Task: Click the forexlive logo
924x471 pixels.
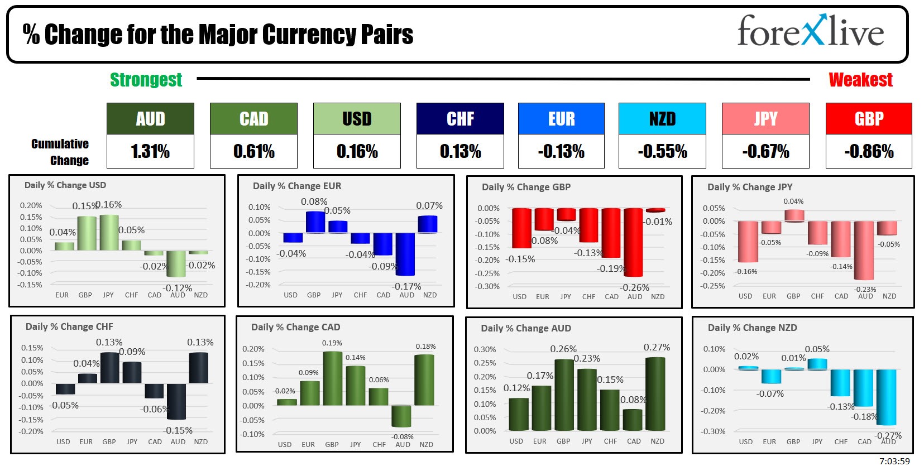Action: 810,32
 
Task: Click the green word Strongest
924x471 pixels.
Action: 146,80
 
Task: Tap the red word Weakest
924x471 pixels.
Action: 860,80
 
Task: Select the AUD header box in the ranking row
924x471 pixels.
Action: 150,119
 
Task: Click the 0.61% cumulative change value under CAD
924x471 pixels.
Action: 253,151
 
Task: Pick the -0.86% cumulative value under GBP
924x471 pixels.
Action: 869,151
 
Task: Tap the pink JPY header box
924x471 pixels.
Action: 765,119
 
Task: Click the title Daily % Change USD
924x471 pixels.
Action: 65,185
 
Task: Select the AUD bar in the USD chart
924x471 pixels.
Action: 176,263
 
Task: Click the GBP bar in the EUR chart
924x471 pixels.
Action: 315,222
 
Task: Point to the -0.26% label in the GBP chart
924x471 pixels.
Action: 635,287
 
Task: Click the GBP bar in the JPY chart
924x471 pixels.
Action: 794,215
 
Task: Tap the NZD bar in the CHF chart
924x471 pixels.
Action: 199,368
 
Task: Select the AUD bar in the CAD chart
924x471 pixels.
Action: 401,416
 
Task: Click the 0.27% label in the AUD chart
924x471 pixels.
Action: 657,347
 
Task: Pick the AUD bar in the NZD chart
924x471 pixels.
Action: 887,397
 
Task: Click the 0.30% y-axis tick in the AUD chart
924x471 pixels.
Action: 485,349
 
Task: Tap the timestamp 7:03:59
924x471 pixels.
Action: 894,462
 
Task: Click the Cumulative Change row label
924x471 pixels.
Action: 60,152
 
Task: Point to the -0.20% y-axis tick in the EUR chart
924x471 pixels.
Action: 260,285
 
